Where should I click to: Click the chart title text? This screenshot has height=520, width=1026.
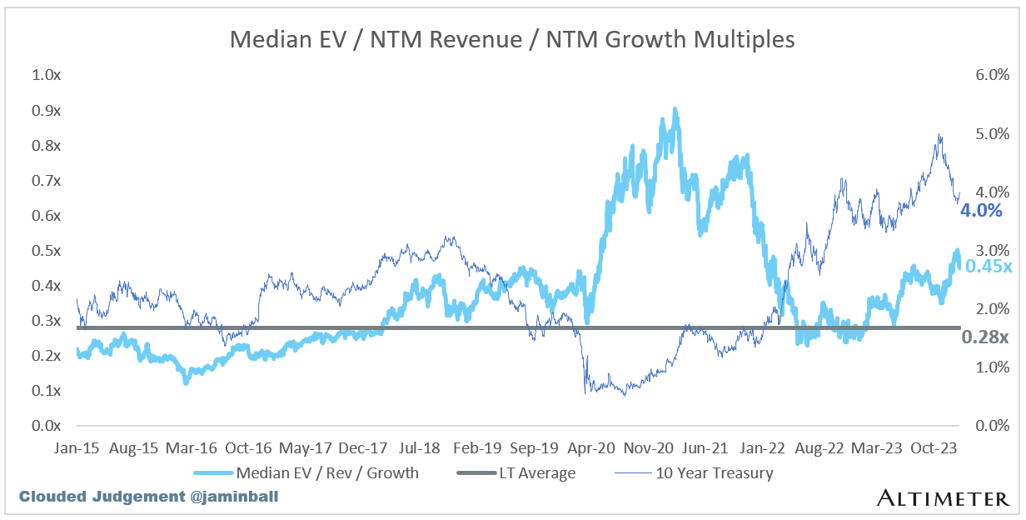tap(512, 38)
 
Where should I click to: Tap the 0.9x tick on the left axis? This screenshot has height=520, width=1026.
tap(47, 110)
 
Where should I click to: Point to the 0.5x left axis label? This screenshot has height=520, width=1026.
tap(47, 250)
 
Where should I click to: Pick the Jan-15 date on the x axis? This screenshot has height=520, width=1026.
tap(78, 447)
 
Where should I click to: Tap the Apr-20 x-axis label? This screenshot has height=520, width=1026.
tap(590, 447)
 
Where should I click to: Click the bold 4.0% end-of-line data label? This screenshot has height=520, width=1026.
tap(981, 211)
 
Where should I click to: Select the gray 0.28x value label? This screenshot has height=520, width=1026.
tap(985, 337)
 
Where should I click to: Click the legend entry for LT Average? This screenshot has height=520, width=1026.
tap(517, 473)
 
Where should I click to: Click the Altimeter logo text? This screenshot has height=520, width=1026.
tap(942, 498)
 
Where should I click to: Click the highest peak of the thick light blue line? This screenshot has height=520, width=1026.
tap(675, 109)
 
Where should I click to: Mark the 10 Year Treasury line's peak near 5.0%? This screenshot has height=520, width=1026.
tap(939, 134)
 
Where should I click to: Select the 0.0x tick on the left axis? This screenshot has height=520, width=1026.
tap(47, 425)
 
